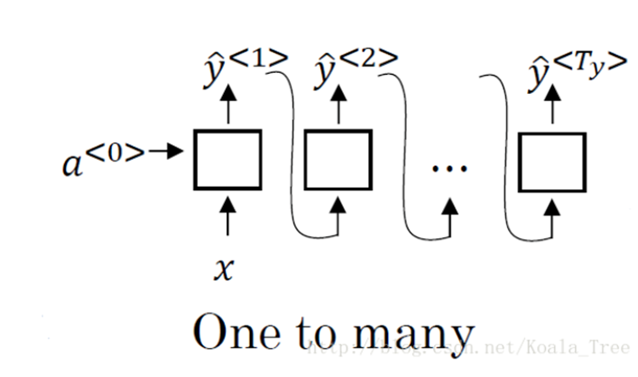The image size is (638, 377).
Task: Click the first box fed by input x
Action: coord(227,160)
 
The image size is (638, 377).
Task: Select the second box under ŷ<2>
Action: coord(337,160)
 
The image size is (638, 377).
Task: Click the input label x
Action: coord(226,268)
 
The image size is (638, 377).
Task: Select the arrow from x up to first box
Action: coord(227,216)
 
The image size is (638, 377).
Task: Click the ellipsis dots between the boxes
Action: coord(446,168)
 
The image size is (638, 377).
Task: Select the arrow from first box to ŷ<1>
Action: coord(227,108)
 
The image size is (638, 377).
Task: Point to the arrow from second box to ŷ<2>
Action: coord(337,108)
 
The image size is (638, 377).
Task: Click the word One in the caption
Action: coord(237,335)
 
